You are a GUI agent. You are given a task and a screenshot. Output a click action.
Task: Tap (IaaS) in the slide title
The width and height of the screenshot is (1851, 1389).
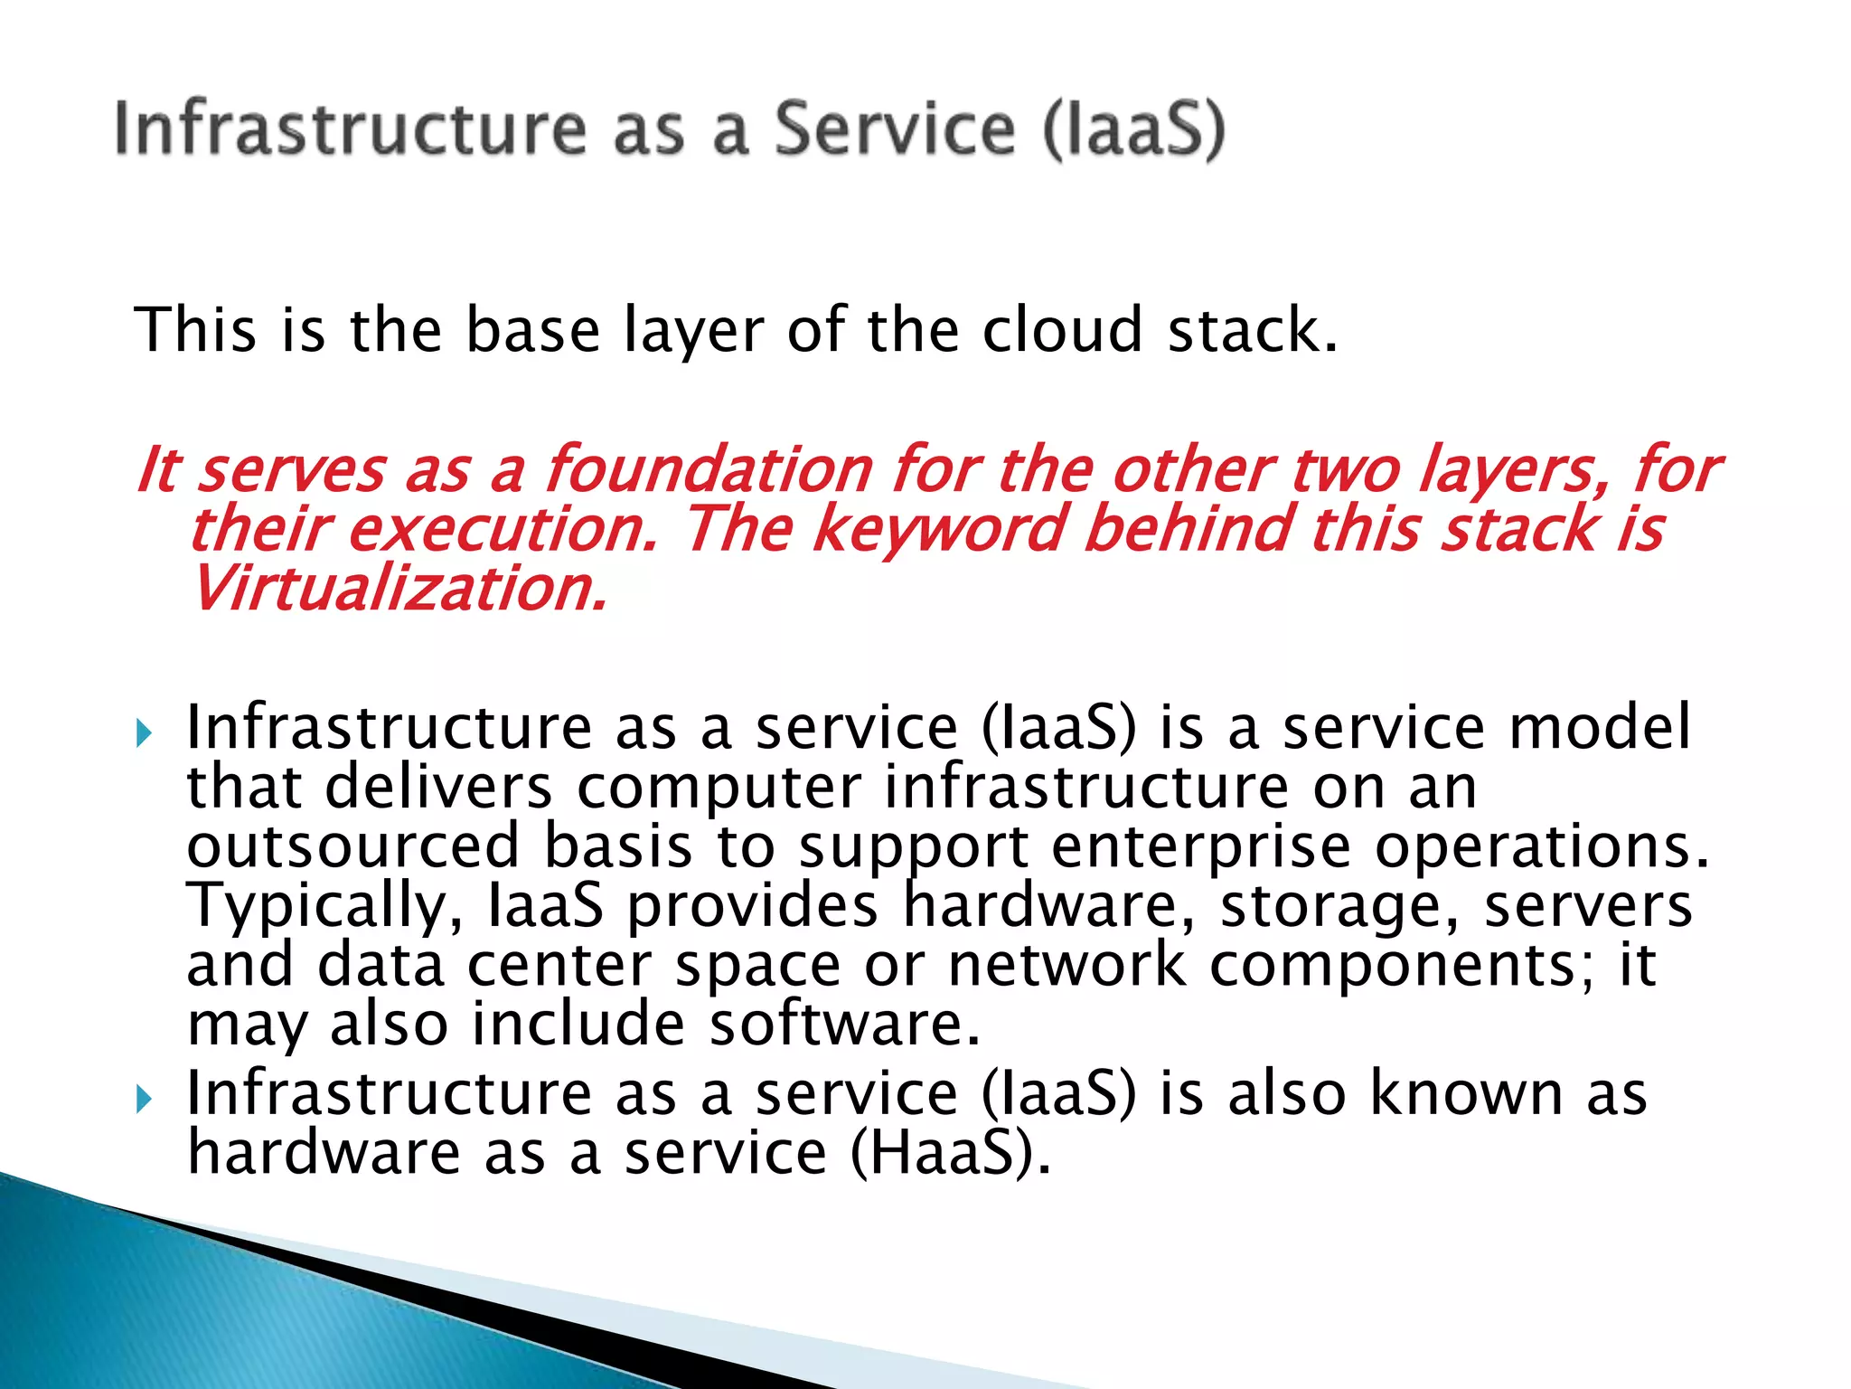pos(1133,129)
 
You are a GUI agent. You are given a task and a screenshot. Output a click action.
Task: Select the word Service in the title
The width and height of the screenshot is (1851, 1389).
pos(895,129)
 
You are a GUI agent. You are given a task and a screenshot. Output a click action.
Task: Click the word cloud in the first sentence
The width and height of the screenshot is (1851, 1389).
pos(1063,330)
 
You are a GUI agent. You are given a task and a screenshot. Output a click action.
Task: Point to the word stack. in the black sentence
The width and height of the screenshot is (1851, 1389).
pos(1253,330)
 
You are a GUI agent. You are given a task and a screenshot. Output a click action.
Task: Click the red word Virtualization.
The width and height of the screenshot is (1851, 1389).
pos(398,589)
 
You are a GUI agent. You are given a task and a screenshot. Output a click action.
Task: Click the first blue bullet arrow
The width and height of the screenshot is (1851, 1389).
pos(145,732)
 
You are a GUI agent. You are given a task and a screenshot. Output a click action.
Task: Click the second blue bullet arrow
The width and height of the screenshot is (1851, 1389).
pos(145,1100)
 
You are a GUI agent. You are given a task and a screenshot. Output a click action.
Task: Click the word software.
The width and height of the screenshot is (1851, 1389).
pos(844,1025)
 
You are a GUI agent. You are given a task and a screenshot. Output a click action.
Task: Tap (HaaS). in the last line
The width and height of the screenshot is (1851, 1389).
pos(951,1154)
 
